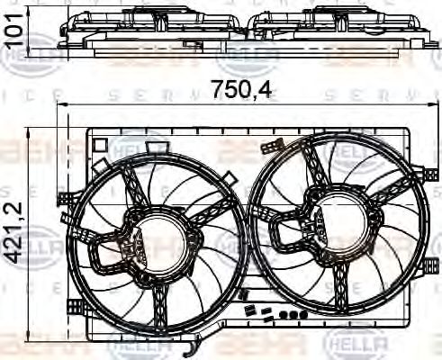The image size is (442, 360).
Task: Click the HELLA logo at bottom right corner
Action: [x=357, y=343]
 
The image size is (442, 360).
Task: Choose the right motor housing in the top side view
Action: [x=333, y=17]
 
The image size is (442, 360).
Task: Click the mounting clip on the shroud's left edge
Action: [x=64, y=199]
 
